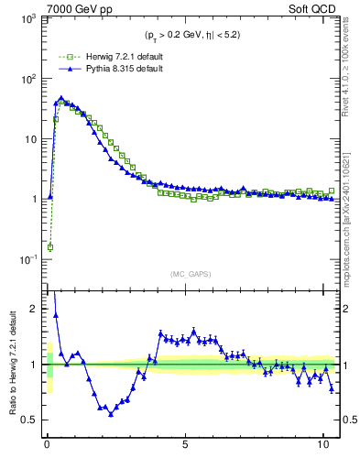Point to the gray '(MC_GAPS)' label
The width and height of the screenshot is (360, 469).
(190, 274)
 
